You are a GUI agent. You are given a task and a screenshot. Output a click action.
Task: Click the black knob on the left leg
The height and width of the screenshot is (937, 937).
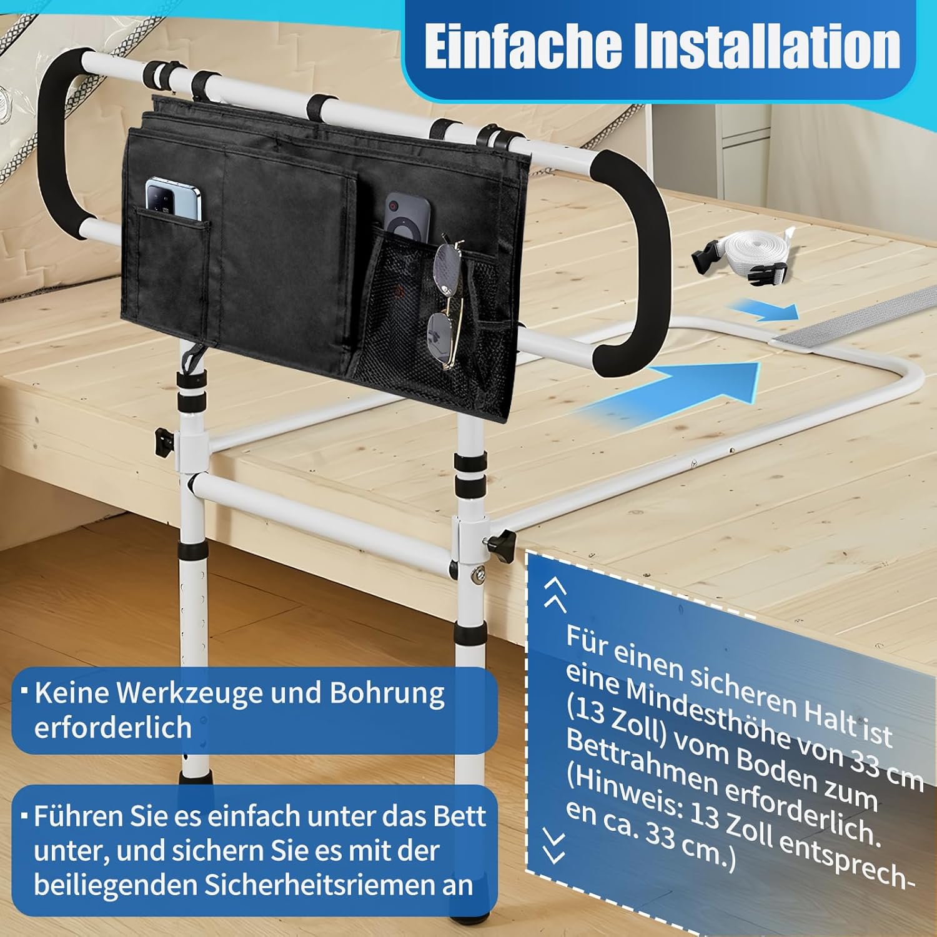164,441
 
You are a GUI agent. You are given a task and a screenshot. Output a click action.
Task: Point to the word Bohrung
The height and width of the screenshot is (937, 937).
387,693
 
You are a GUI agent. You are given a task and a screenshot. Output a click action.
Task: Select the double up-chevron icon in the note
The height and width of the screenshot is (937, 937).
555,593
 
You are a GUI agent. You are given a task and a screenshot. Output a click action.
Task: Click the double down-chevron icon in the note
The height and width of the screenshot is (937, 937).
554,845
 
